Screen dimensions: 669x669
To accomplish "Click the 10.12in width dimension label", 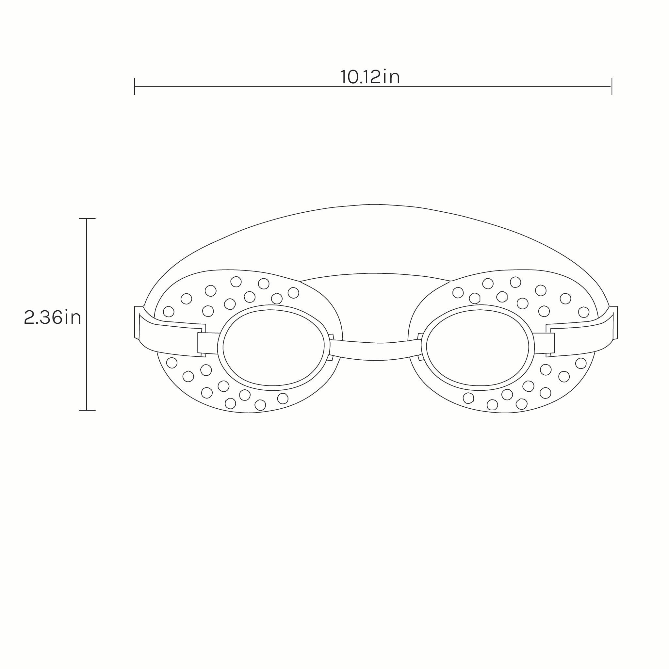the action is (x=370, y=77).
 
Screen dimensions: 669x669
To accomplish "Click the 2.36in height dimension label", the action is (x=53, y=317).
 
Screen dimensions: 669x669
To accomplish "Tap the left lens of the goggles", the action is (x=273, y=347).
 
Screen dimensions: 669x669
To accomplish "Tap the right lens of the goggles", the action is (x=478, y=347).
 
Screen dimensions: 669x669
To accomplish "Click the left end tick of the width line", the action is (x=135, y=86).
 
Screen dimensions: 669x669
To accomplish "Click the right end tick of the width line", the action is (x=612, y=86).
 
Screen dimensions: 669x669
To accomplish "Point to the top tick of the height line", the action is (x=87, y=219).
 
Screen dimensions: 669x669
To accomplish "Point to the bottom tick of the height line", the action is (x=87, y=410).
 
